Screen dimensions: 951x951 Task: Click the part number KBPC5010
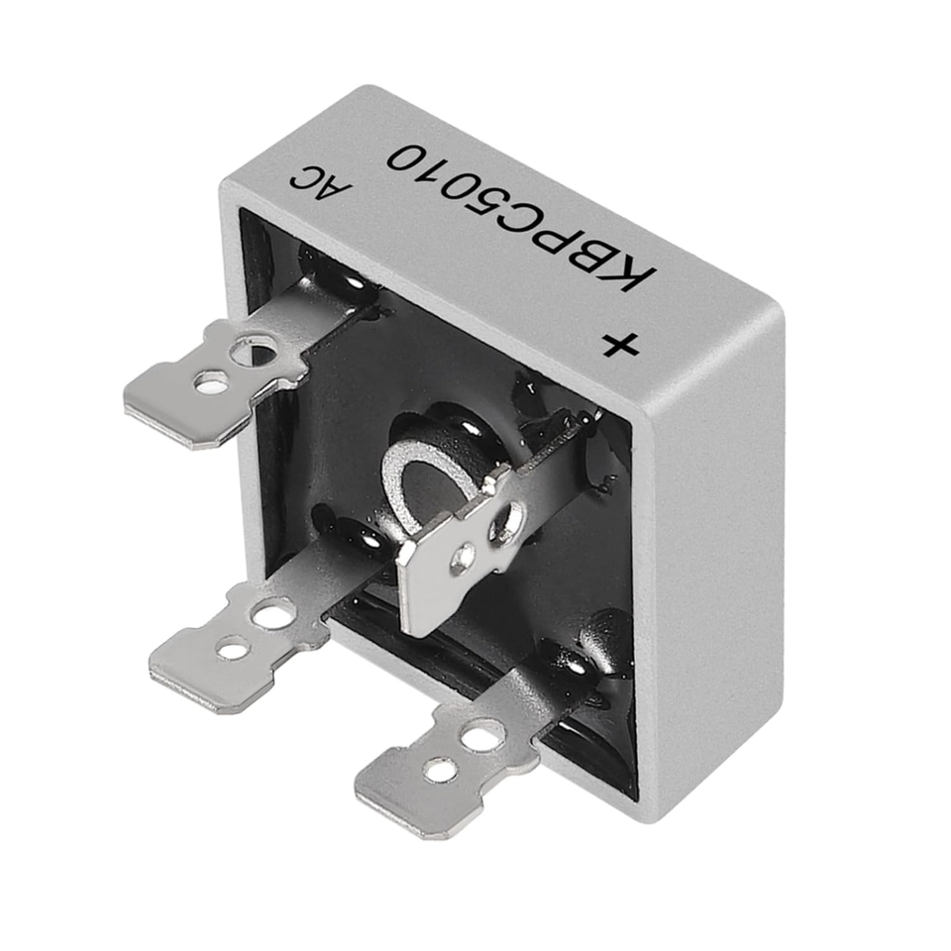(522, 217)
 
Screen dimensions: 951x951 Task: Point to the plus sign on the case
(620, 347)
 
